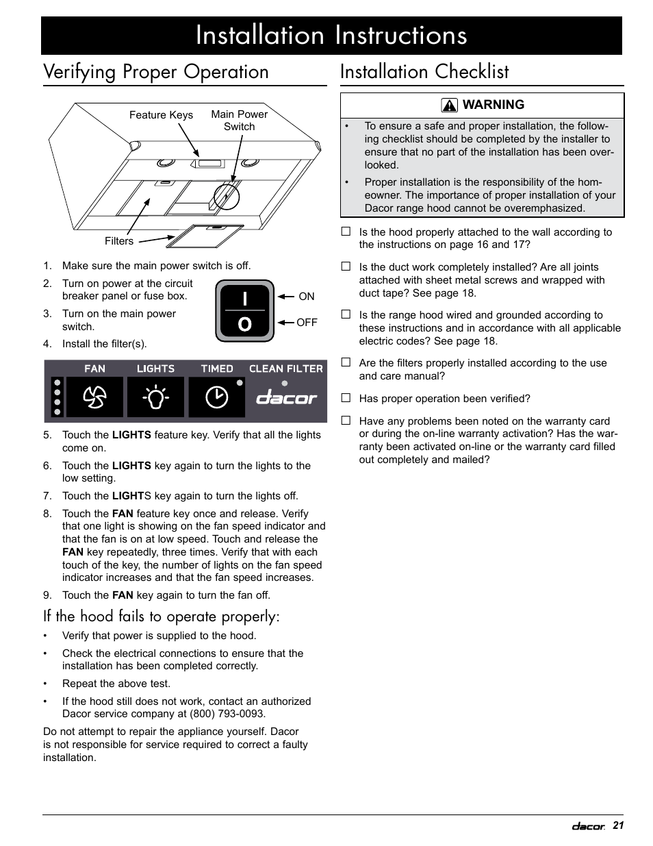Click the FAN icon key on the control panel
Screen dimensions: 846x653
click(x=94, y=397)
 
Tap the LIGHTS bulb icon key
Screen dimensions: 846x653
click(x=155, y=397)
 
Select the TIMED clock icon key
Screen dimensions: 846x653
click(x=216, y=397)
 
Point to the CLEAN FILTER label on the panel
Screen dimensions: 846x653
click(x=285, y=369)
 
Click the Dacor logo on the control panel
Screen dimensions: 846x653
click(x=287, y=398)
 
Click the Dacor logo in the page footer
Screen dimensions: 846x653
click(x=588, y=826)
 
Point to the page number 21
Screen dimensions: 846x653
click(x=618, y=825)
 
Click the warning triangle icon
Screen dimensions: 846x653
click(x=450, y=105)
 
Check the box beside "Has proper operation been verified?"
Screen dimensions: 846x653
click(x=346, y=398)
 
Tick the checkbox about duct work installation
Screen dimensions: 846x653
click(x=346, y=266)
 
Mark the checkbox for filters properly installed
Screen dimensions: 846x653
click(x=346, y=362)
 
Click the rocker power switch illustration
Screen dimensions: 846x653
click(x=244, y=311)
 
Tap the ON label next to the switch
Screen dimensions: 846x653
click(x=307, y=297)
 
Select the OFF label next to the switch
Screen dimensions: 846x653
click(x=307, y=322)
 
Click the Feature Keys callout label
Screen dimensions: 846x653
click(x=161, y=115)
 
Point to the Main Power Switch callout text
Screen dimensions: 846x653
click(x=239, y=121)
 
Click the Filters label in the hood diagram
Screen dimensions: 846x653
click(x=119, y=241)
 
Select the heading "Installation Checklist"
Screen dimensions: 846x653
click(x=424, y=72)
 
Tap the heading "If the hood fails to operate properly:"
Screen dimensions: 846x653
click(x=161, y=617)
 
